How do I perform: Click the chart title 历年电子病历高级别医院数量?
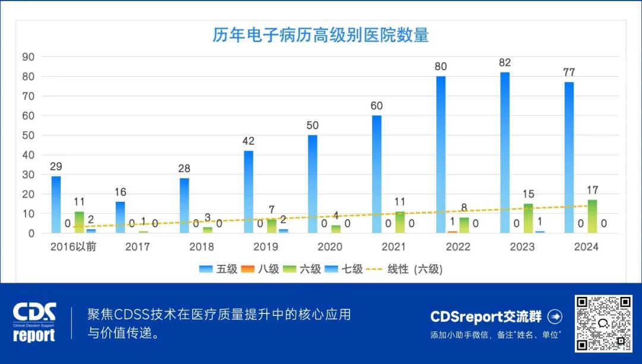320,35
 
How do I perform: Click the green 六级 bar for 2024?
592,216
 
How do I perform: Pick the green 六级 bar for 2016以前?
79,222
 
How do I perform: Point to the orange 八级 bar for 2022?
452,232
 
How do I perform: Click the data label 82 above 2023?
505,63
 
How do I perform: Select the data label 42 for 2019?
248,141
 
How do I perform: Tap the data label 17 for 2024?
592,191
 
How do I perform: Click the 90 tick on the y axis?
28,57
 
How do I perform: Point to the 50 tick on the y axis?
28,135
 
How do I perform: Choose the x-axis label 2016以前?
73,246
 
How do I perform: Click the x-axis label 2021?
394,246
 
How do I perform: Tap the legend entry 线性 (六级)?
406,269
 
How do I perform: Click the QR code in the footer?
603,324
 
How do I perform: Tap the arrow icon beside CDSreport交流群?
554,316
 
